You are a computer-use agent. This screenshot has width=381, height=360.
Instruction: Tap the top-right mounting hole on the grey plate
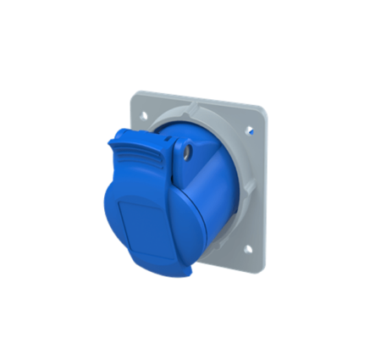[252, 131]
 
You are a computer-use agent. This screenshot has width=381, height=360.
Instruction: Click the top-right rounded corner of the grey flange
[260, 111]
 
